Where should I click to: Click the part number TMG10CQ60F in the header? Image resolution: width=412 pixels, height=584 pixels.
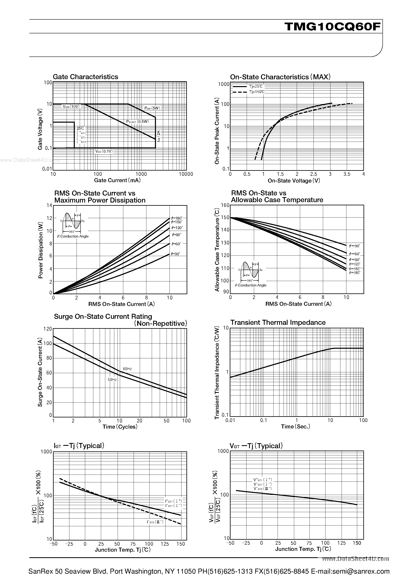[333, 26]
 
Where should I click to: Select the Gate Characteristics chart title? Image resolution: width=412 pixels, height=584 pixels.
[85, 77]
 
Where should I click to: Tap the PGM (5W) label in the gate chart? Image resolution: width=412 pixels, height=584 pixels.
[152, 108]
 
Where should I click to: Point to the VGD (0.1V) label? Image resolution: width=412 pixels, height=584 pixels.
[104, 151]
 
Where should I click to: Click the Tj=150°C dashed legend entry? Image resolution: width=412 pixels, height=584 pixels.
[256, 92]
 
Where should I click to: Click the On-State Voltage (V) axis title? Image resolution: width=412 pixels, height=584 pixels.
[294, 181]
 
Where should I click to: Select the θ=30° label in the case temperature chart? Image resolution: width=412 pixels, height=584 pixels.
[355, 246]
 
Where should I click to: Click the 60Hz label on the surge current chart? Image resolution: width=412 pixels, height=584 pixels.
[127, 369]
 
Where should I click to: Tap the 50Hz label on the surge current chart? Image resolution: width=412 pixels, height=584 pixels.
[112, 379]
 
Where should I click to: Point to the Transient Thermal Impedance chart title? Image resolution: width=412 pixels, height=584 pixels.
[278, 323]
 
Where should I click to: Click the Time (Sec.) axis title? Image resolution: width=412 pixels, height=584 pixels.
[295, 427]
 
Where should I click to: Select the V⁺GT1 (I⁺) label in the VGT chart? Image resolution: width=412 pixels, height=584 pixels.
[262, 480]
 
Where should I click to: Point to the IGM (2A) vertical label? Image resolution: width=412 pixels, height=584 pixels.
[159, 135]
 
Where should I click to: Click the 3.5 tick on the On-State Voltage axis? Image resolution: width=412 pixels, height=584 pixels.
[347, 174]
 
